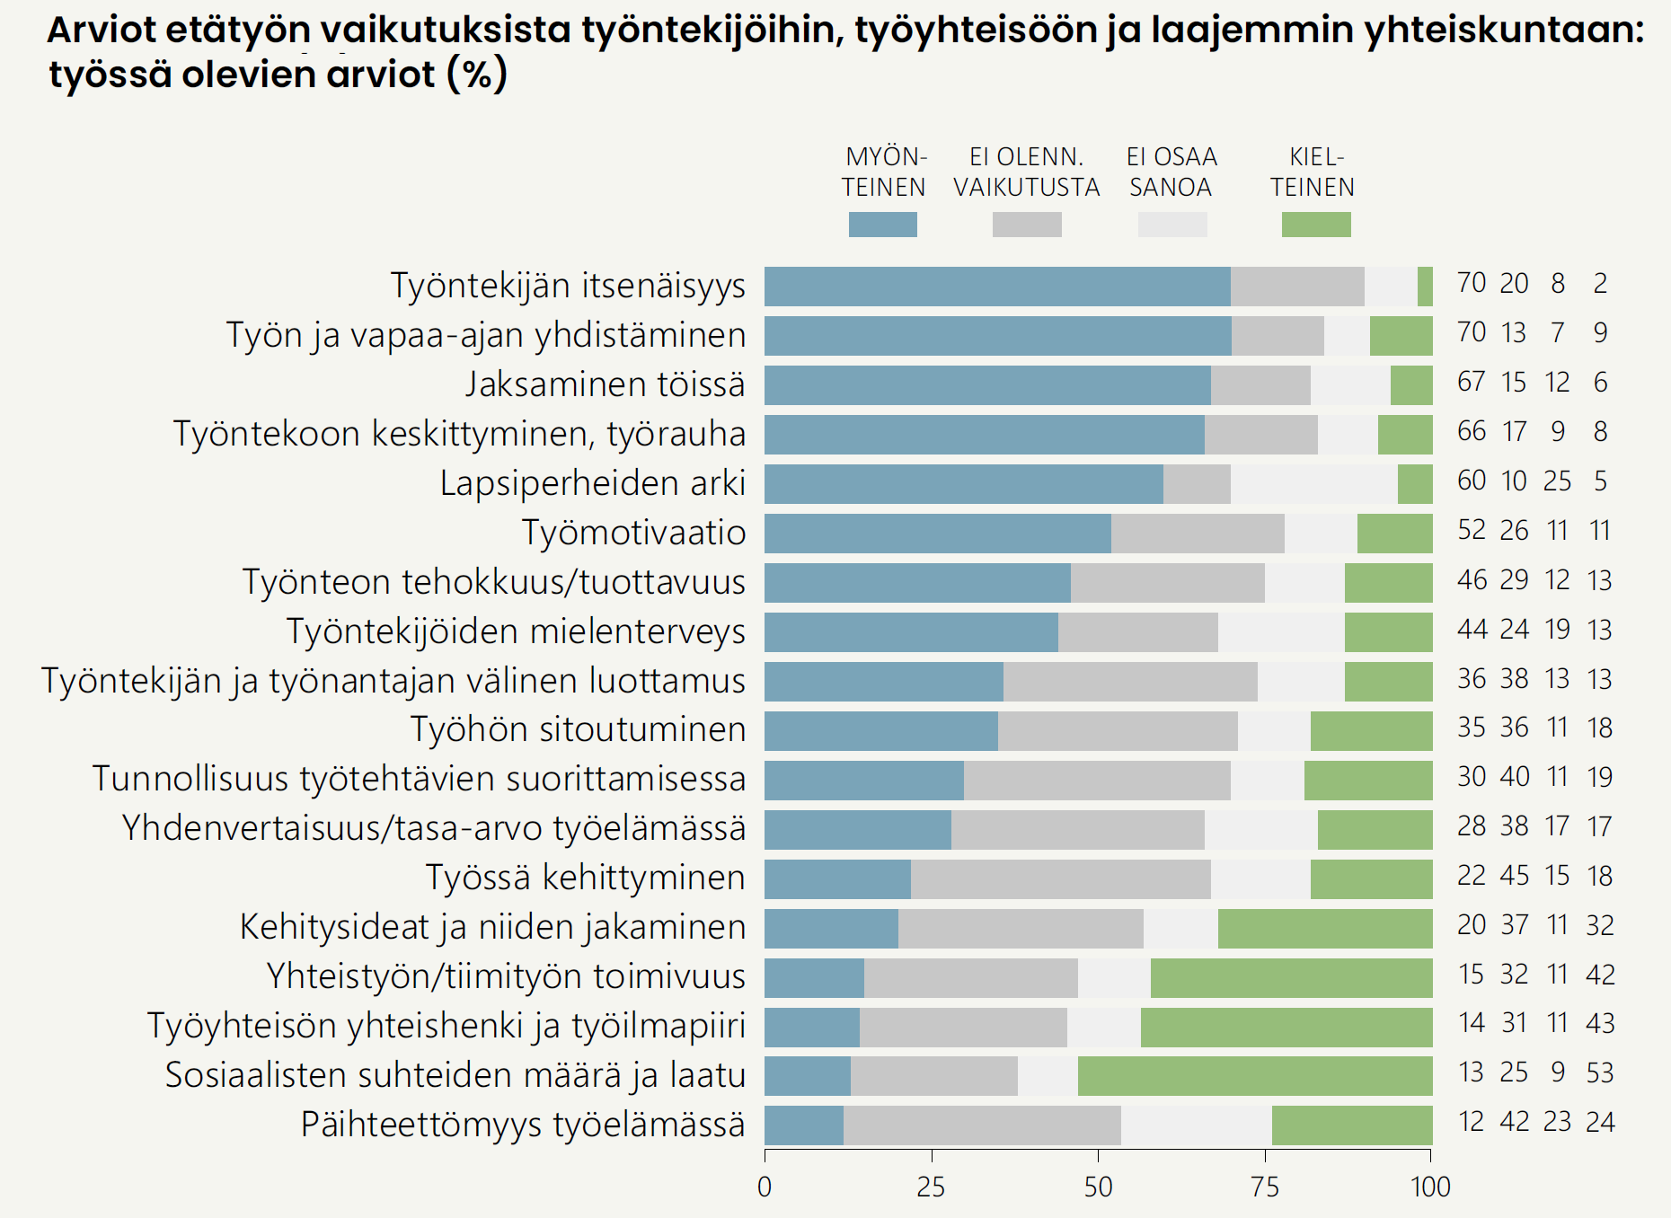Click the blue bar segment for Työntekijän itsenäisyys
(997, 287)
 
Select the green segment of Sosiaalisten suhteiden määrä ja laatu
(1255, 1076)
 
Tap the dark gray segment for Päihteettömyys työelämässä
(982, 1125)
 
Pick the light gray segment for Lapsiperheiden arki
(1313, 484)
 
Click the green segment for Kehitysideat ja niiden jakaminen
(1325, 928)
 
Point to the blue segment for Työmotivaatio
(937, 534)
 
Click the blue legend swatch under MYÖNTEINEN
(882, 225)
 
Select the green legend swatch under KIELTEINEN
(1316, 225)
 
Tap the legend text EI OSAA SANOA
(1171, 172)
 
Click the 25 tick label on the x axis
(931, 1187)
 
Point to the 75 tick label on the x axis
(1265, 1187)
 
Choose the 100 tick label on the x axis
(1430, 1187)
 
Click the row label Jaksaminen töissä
(605, 384)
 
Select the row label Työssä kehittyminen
(585, 878)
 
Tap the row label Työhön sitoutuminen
(578, 729)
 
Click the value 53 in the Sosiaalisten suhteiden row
(1600, 1072)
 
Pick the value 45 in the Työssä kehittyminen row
(1514, 876)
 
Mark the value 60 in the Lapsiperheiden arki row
(1472, 481)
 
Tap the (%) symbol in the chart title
(477, 74)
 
